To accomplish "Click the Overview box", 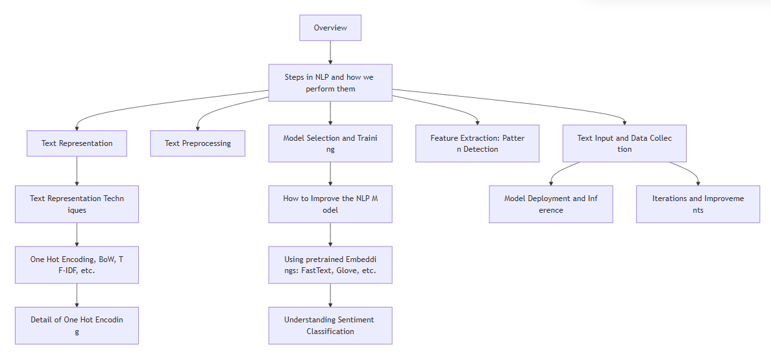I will point(330,28).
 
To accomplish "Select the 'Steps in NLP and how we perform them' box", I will point(330,82).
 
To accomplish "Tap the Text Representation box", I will point(77,143).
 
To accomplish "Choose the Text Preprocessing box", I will point(197,143).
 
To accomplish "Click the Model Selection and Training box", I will point(330,143).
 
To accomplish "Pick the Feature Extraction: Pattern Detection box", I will point(477,143).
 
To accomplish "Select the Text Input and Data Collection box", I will point(624,143).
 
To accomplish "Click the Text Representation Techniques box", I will point(77,204).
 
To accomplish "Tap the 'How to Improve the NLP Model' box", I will point(330,204).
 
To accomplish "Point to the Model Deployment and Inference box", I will point(550,204).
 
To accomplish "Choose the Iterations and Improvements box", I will point(698,204).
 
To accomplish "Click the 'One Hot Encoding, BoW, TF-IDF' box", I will point(77,265).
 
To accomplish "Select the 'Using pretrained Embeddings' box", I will point(330,265).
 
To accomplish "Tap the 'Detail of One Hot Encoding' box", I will point(77,326).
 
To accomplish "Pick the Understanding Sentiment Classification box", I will point(330,326).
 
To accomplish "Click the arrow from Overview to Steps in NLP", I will point(330,53).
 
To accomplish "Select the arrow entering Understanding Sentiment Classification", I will point(330,295).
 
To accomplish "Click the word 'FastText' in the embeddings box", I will point(313,270).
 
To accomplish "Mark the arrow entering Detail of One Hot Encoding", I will point(77,295).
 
